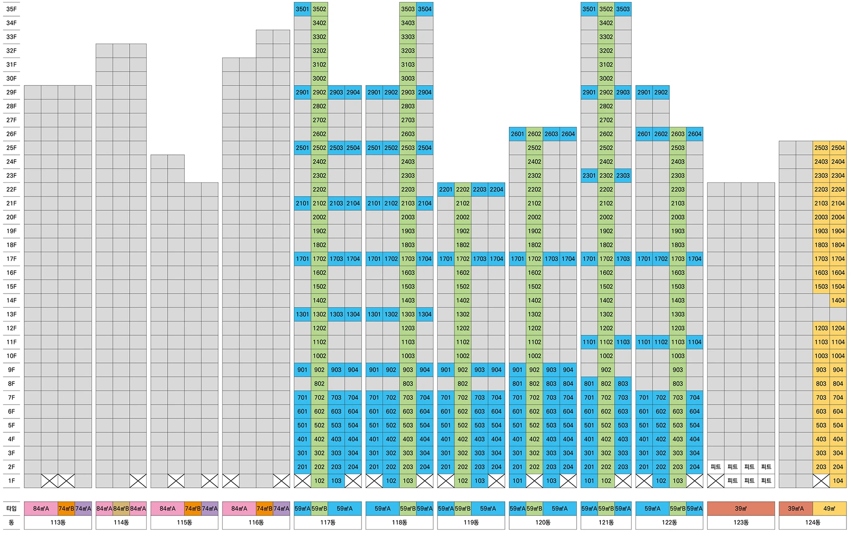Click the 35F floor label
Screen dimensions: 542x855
(11, 9)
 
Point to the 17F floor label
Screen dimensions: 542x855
(11, 259)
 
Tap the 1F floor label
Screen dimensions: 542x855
(11, 481)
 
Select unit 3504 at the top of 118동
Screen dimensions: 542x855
(425, 9)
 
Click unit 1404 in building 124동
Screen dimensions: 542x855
(838, 300)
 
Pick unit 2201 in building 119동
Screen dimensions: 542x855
(446, 190)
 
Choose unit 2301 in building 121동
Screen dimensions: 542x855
(589, 176)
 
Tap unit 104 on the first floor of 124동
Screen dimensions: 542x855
(838, 481)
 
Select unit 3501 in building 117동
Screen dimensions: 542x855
(302, 9)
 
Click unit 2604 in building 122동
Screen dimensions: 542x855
(694, 134)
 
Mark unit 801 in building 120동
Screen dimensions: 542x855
(517, 384)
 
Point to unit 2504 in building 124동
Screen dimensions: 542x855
(838, 148)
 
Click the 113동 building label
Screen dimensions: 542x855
(58, 523)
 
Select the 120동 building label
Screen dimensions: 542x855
(542, 523)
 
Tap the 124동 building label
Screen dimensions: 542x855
(812, 523)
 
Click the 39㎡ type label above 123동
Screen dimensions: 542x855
(741, 509)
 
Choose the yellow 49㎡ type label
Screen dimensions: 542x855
(829, 509)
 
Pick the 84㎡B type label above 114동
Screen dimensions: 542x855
(121, 509)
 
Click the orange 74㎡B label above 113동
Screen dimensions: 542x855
(66, 509)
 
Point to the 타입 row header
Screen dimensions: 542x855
(11, 509)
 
